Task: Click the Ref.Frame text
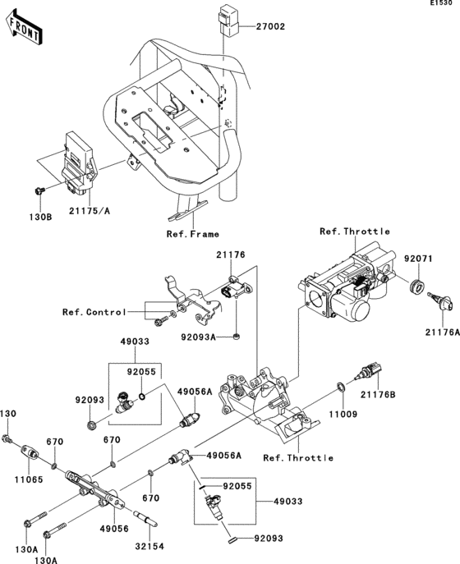(x=193, y=233)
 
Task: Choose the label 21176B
(x=378, y=395)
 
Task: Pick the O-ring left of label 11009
(x=340, y=386)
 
